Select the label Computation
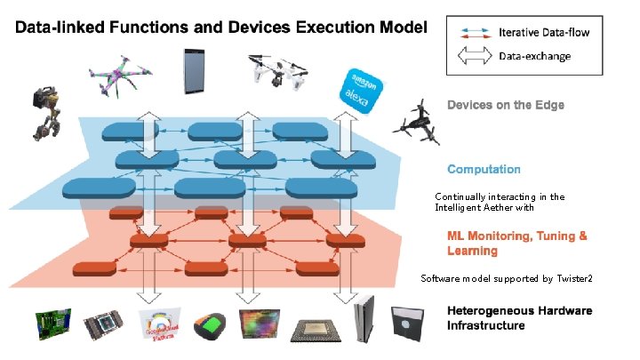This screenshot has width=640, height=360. pos(484,169)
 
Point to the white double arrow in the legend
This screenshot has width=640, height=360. pos(472,55)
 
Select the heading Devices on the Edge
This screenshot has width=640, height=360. pos(505,105)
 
